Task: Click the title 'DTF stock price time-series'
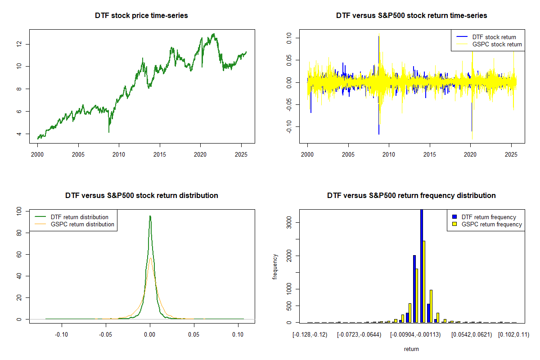141,16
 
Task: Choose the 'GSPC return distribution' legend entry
82,224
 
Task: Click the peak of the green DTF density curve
150,216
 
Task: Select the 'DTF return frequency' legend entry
489,217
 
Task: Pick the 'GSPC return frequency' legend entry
491,224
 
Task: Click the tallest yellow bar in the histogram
424,281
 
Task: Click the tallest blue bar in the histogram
422,265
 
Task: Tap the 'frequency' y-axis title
275,267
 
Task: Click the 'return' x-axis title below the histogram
411,349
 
